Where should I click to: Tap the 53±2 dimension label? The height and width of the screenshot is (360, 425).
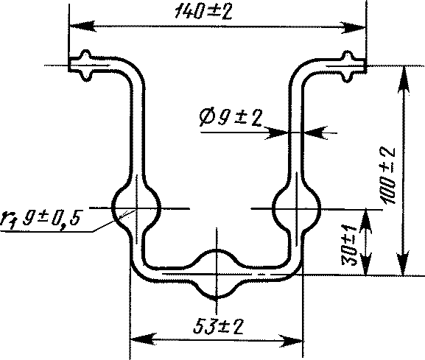[219, 327]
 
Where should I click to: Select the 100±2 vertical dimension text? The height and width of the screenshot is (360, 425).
[388, 175]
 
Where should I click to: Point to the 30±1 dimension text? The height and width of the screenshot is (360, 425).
[350, 245]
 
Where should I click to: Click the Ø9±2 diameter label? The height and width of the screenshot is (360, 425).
[231, 118]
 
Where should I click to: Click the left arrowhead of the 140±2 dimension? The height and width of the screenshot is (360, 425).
[82, 26]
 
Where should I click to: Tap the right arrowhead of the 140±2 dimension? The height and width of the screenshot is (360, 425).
[353, 27]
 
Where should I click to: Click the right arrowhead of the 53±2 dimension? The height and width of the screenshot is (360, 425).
[290, 340]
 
